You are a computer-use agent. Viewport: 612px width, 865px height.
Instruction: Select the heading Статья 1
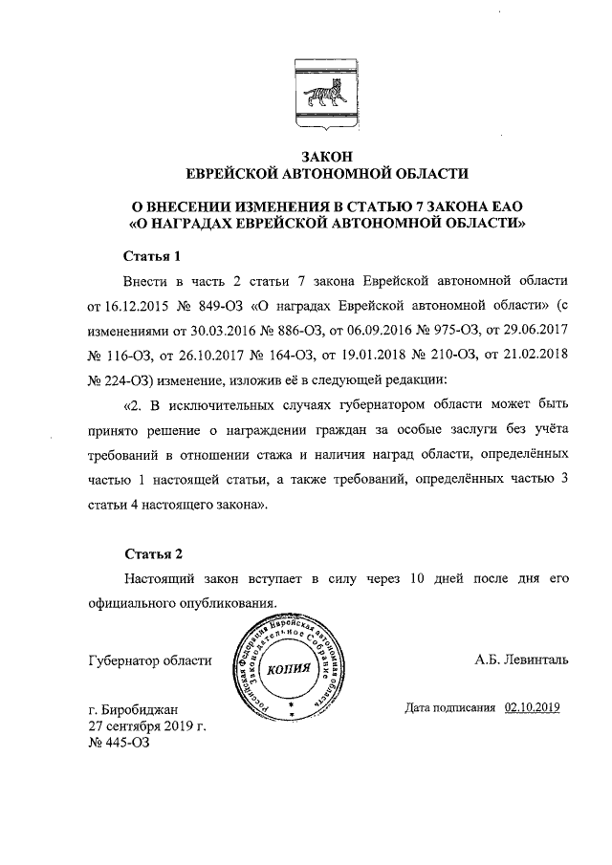(x=152, y=257)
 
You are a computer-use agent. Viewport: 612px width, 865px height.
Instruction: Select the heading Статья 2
(x=152, y=554)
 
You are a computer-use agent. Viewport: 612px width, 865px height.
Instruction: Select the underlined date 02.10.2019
(x=532, y=708)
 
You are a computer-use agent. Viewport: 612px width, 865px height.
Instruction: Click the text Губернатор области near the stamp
(x=149, y=660)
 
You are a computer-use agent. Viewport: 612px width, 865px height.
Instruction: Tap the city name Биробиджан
(x=145, y=709)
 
